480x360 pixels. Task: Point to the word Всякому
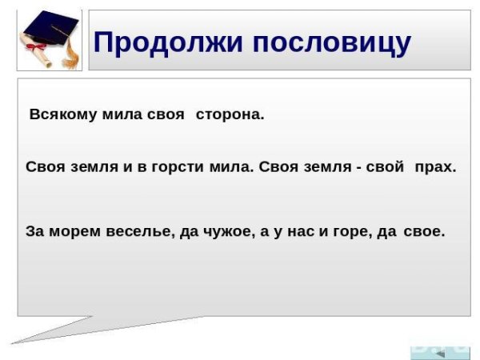[63, 114]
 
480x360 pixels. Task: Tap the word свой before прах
[386, 168]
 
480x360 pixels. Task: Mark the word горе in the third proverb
[353, 232]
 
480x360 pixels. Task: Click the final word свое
[424, 232]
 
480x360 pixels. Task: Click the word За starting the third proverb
[34, 232]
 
